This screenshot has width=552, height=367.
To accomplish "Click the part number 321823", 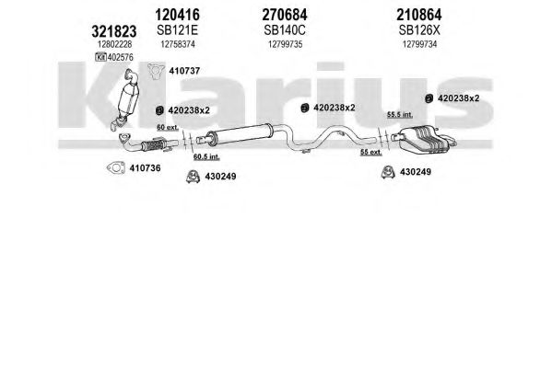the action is click(113, 31).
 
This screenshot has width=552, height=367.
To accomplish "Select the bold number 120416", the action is click(178, 15).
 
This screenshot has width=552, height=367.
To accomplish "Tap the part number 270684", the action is click(285, 15).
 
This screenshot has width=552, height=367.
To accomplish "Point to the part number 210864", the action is click(419, 15).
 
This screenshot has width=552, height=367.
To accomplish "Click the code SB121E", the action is click(178, 30).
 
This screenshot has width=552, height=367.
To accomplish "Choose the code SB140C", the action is click(285, 30).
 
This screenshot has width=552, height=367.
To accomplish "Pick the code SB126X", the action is click(419, 30).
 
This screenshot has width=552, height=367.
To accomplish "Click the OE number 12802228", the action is click(115, 44).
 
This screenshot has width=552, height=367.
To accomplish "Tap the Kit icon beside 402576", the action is click(100, 57).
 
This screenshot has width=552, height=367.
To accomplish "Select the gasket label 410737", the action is click(184, 71).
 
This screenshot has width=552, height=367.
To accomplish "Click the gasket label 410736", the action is click(145, 168).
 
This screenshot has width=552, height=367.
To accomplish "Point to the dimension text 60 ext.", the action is click(168, 127).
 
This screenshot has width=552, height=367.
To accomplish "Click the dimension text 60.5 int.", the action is click(206, 156).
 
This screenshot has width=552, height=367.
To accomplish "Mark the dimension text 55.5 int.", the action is click(400, 114).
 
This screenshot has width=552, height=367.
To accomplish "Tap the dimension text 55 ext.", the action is click(371, 152).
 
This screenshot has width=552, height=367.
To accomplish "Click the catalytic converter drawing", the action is click(126, 98).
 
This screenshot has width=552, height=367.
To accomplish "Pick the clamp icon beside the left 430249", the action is click(193, 177).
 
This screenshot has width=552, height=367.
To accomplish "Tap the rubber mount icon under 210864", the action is click(429, 98).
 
